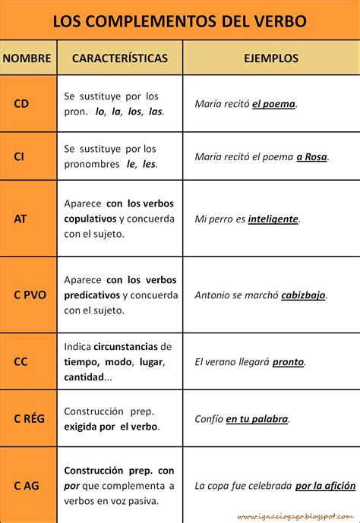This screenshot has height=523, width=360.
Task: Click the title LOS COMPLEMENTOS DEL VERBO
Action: [x=180, y=20]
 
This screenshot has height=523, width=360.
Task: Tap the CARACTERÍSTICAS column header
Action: [x=119, y=58]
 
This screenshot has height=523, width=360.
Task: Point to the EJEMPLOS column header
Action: [x=271, y=58]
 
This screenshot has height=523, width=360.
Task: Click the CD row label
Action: [x=21, y=103]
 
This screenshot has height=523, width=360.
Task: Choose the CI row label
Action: [x=19, y=156]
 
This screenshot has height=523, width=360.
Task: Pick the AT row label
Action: [x=21, y=219]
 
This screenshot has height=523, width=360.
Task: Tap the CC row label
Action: [x=21, y=362]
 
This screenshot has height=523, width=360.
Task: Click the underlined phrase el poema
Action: [x=273, y=104]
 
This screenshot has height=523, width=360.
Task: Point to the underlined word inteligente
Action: [x=273, y=219]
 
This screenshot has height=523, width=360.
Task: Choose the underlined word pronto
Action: [x=288, y=363]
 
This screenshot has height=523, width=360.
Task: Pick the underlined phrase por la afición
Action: [x=325, y=485]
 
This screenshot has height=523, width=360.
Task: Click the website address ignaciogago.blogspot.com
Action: [x=296, y=516]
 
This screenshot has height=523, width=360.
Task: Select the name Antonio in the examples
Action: [x=213, y=296]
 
